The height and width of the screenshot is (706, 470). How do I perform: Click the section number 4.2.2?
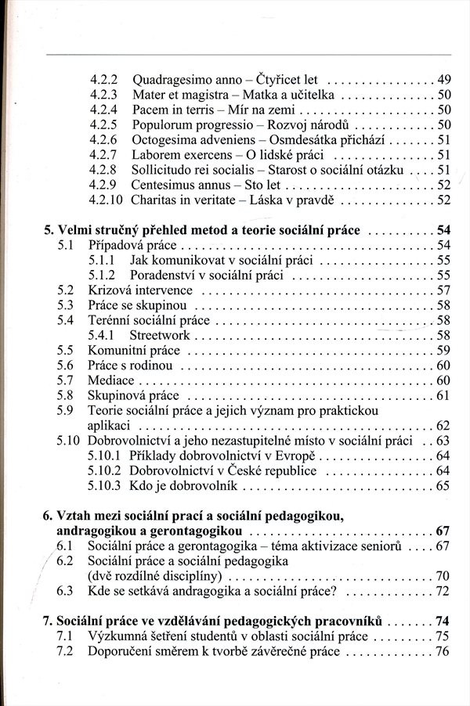click(103, 80)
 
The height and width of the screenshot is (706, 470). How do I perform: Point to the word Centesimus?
click(164, 185)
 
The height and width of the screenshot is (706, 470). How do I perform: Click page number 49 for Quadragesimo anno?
click(444, 80)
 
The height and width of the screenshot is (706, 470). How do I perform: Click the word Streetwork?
click(161, 335)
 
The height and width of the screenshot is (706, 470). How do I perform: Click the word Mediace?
click(111, 380)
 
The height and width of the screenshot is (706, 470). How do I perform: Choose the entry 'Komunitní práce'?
click(133, 350)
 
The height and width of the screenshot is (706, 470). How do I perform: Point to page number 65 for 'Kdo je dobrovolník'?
click(443, 486)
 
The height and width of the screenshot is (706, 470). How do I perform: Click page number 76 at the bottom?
click(443, 651)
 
